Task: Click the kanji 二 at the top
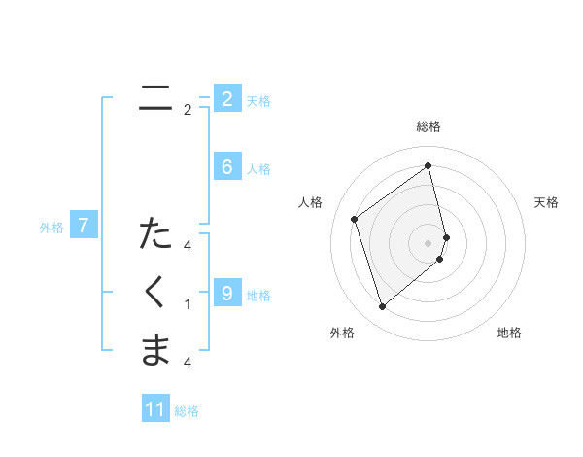click(x=155, y=98)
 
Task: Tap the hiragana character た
click(x=155, y=234)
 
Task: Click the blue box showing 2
click(x=226, y=99)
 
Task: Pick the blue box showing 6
click(x=226, y=167)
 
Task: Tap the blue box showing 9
click(x=226, y=293)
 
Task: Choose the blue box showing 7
click(x=84, y=227)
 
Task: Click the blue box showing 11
click(x=155, y=409)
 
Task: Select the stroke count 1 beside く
click(x=188, y=304)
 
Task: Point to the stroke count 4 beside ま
click(x=188, y=363)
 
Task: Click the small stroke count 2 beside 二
click(x=188, y=110)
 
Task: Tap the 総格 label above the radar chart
click(x=429, y=126)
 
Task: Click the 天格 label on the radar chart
click(x=547, y=202)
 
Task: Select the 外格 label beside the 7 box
click(x=51, y=228)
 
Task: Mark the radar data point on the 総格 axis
click(x=429, y=165)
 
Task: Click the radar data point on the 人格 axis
click(x=355, y=219)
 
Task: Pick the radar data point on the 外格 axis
click(x=382, y=307)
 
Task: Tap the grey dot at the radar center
click(x=429, y=242)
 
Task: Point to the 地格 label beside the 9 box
click(x=258, y=295)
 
